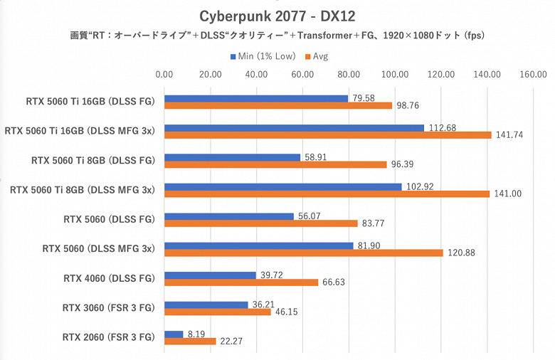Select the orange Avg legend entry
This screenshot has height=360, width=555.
coord(317,55)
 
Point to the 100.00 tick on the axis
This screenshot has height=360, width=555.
coord(395,73)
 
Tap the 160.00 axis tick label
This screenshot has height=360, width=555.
coord(533,73)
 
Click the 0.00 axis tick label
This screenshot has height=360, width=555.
coord(164,73)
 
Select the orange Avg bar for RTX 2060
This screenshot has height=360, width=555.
coord(190,342)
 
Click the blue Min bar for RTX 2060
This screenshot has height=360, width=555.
coord(174,334)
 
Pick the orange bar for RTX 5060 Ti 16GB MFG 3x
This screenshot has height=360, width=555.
coord(328,135)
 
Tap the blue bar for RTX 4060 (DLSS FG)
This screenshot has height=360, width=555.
coord(210,275)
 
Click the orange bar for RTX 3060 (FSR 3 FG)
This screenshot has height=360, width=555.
coord(218,312)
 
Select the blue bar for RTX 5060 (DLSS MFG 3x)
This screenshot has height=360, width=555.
coord(259,245)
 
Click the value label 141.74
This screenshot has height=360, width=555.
coord(508,135)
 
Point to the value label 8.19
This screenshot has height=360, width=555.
coord(196,333)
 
